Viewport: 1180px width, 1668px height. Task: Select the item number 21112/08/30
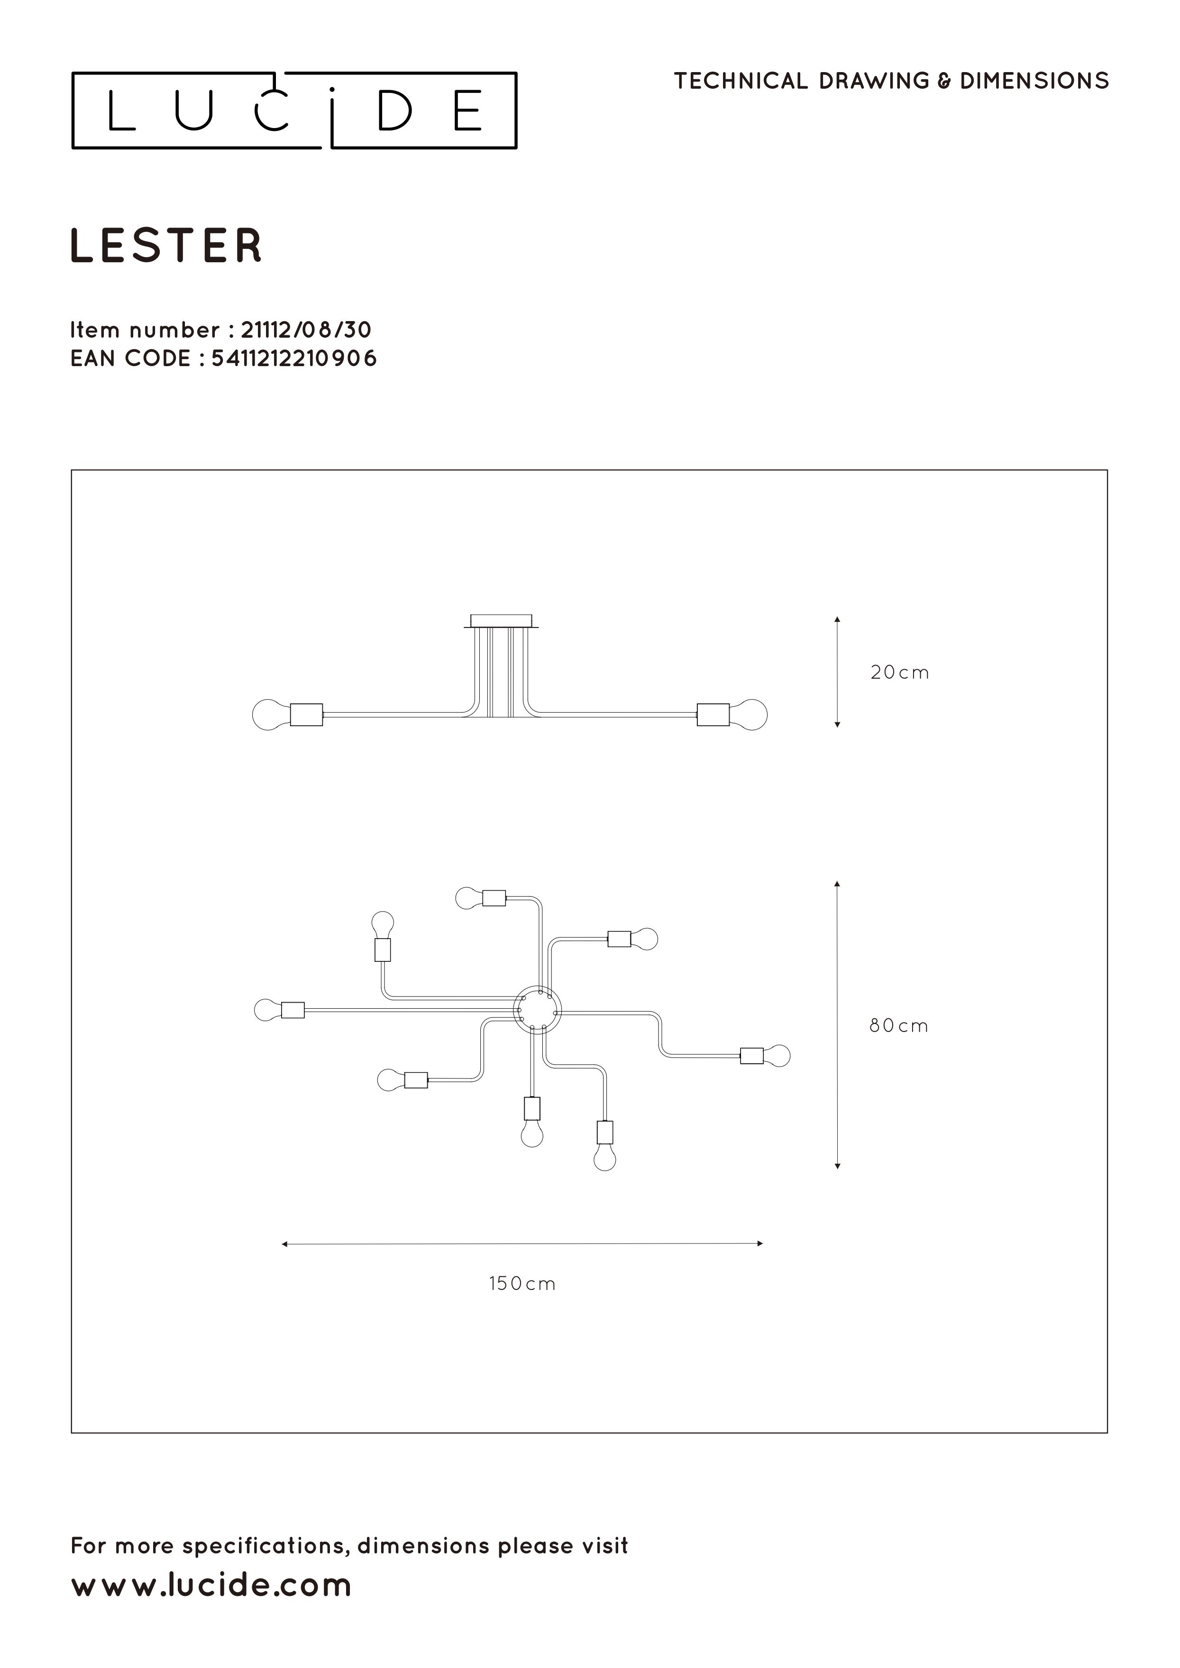click(x=306, y=330)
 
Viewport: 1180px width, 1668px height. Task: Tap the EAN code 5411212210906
click(x=294, y=359)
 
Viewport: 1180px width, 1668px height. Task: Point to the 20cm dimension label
click(x=899, y=673)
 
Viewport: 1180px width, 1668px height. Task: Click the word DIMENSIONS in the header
click(x=1034, y=81)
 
